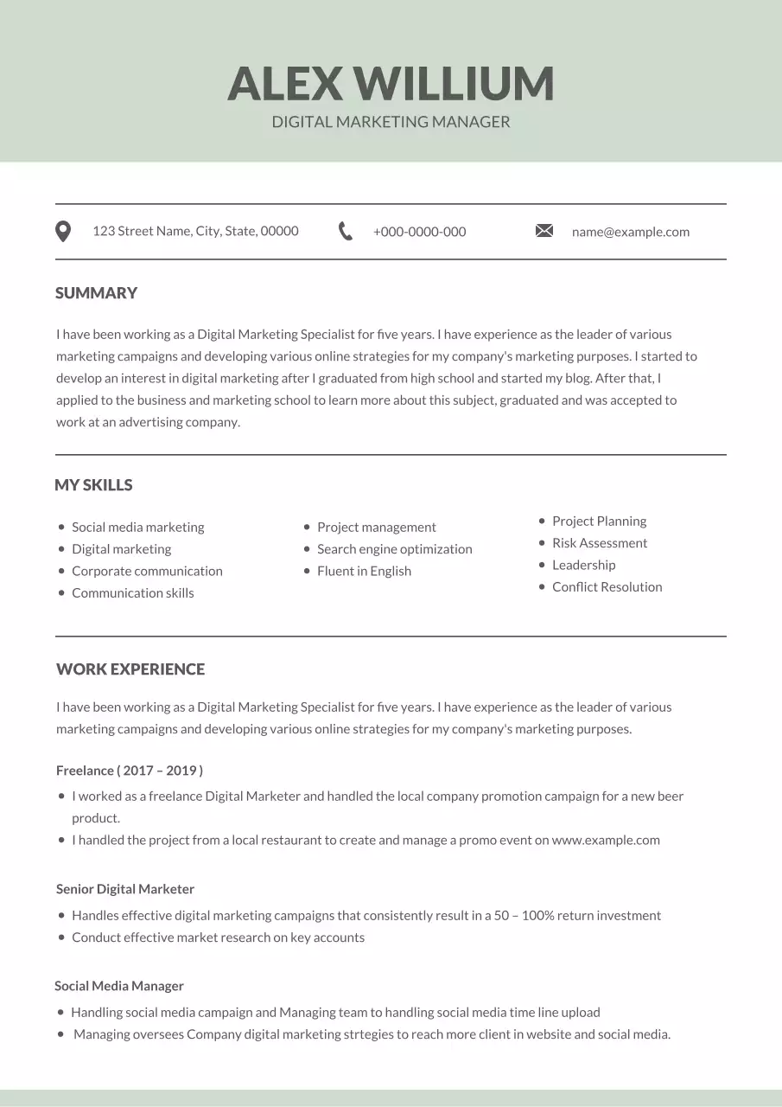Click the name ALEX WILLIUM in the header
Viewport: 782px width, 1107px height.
(x=391, y=84)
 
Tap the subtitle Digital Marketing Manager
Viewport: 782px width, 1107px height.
(x=391, y=122)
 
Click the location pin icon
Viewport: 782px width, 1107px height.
(x=63, y=231)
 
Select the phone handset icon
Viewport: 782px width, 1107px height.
(x=346, y=231)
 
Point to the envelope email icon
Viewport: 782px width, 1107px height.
(x=544, y=231)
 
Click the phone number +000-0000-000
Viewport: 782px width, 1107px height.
(x=419, y=232)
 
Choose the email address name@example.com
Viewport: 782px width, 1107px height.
(x=631, y=232)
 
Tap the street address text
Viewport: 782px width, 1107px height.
(x=195, y=231)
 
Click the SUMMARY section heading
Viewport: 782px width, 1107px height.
(x=96, y=293)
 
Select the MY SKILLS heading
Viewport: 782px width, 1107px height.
(x=93, y=485)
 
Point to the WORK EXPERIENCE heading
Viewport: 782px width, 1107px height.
(x=130, y=669)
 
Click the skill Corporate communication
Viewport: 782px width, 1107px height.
(x=147, y=571)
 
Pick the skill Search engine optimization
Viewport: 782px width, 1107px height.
(x=394, y=549)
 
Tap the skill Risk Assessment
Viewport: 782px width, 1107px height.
(x=600, y=543)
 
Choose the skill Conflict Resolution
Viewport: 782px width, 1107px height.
(x=607, y=587)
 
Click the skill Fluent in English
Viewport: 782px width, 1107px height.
(x=364, y=571)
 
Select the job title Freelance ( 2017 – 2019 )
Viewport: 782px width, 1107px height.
(x=130, y=771)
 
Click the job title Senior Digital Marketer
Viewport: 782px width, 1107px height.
(x=125, y=889)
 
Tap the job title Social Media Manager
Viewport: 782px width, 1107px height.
(x=119, y=986)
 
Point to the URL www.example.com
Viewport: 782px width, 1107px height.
(x=606, y=840)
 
